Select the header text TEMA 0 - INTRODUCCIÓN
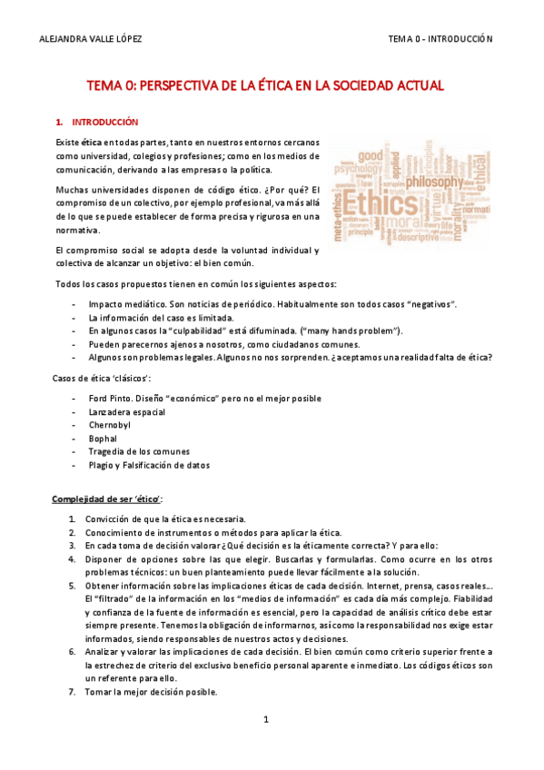440,39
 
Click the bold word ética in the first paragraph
91,143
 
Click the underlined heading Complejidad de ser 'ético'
106,499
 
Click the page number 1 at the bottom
267,719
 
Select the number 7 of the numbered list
72,692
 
